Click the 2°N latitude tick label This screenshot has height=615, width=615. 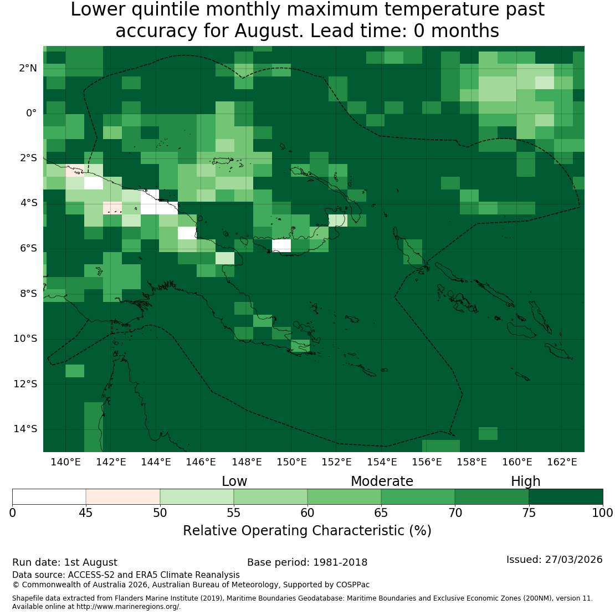point(28,68)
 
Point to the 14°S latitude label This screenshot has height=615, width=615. point(25,429)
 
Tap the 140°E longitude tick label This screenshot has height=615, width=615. point(65,462)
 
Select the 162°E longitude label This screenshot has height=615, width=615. point(562,462)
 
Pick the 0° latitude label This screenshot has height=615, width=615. point(32,114)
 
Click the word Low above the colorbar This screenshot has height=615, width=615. point(234,481)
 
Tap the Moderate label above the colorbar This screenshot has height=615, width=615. point(382,481)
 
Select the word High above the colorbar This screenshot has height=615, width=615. point(526,481)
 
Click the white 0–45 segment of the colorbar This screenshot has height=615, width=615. point(49,496)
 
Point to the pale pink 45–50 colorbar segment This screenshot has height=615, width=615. point(123,496)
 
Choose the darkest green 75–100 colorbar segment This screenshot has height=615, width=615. point(566,496)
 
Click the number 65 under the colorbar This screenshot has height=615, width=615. point(381,513)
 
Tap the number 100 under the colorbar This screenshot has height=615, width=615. point(602,513)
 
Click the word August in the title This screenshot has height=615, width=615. point(269,31)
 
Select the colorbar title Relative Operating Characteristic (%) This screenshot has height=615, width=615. point(307,531)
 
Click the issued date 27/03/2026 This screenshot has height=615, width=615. point(574,560)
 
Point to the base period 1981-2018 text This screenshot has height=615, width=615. point(340,562)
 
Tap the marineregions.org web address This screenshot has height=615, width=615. point(128,607)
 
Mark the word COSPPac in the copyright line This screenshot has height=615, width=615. point(352,585)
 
